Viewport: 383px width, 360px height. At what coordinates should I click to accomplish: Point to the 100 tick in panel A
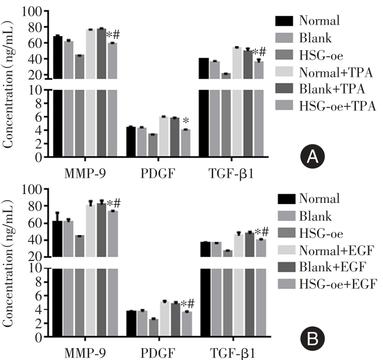point(36,11)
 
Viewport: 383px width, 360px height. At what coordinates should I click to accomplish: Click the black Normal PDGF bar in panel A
point(131,143)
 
